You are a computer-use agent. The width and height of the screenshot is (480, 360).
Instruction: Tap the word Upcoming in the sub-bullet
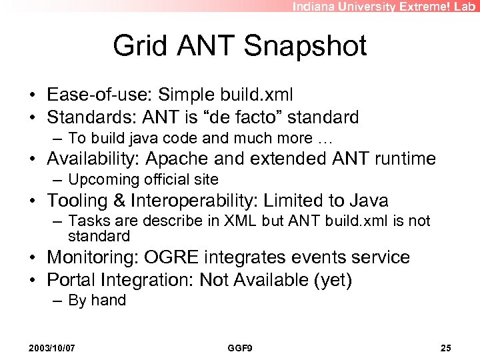[100, 179]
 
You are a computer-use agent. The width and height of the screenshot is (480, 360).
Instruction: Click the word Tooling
[75, 200]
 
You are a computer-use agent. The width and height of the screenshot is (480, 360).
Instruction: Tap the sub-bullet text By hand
[97, 301]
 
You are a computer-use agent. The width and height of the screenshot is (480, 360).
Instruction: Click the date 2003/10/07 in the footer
[51, 348]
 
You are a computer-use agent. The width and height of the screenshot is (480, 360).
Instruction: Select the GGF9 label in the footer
[239, 348]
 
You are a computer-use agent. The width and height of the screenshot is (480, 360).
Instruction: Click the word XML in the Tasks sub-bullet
[234, 221]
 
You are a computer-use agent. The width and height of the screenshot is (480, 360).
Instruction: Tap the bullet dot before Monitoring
[33, 258]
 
